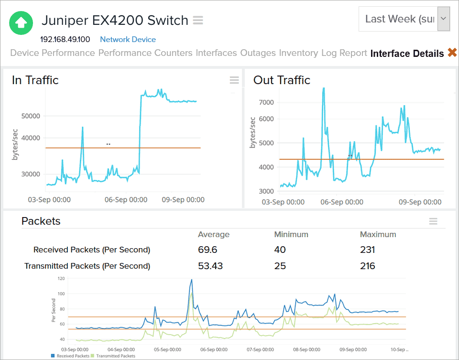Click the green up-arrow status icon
click(x=21, y=22)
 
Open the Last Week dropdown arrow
click(x=444, y=19)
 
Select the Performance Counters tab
click(x=145, y=53)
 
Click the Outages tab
click(x=258, y=53)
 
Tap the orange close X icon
click(x=452, y=53)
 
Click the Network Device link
click(x=128, y=40)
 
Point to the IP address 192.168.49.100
click(x=65, y=40)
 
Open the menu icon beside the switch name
click(x=198, y=21)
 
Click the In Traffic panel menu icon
click(x=234, y=80)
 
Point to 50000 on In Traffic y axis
click(x=31, y=116)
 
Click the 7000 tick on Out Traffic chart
click(x=266, y=102)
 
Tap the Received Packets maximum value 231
click(x=368, y=250)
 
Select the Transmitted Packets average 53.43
click(x=210, y=266)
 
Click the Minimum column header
click(x=291, y=235)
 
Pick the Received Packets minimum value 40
click(x=280, y=250)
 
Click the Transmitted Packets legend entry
click(x=116, y=356)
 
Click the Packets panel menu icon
click(x=433, y=221)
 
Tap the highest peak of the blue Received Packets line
click(x=192, y=280)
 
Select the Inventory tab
click(x=298, y=53)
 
